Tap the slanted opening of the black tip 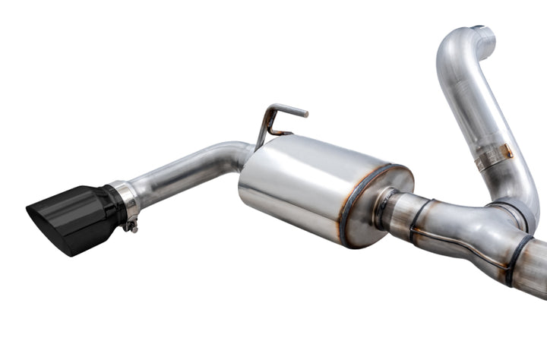click(42, 220)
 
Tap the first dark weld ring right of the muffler click(416, 220)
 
